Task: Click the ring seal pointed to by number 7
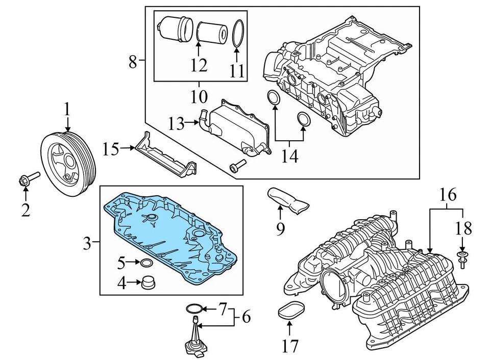click(193, 308)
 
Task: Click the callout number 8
click(133, 62)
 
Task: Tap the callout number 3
click(87, 244)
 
